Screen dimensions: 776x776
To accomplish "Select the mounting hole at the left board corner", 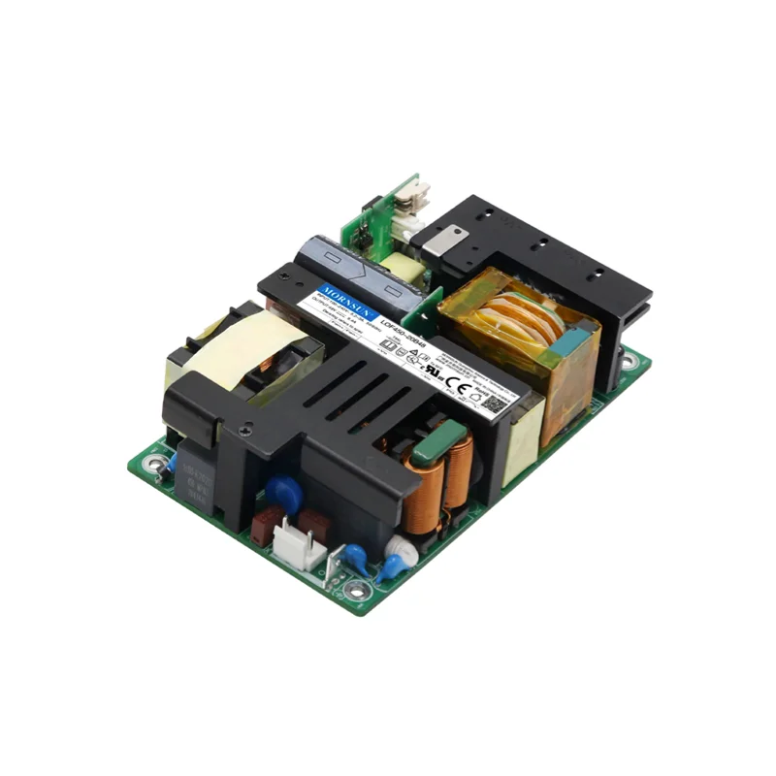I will tap(153, 467).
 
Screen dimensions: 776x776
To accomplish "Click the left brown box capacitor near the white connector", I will tap(264, 527).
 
